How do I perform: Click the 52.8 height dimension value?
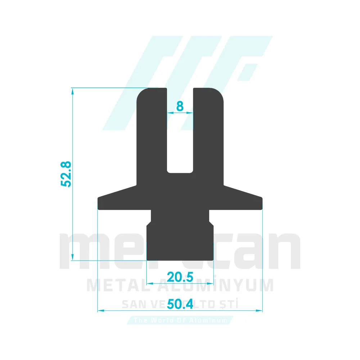67,174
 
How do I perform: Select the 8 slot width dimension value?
180,106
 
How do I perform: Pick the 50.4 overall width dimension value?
180,304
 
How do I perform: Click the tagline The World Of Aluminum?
180,320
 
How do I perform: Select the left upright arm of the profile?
152,137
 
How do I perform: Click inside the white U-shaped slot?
180,144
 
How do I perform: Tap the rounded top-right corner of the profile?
219,93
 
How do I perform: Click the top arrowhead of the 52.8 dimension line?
73,91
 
